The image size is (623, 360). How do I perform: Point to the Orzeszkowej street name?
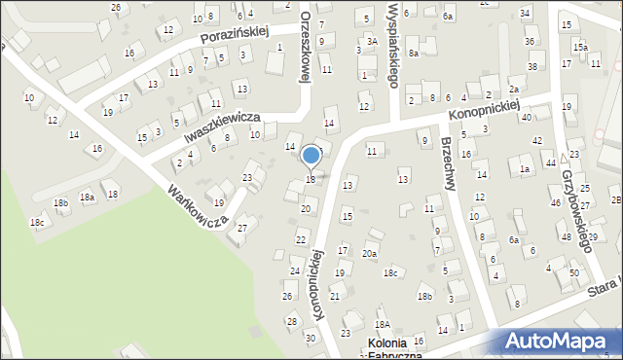click(305, 49)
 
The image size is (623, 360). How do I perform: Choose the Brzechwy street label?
click(448, 161)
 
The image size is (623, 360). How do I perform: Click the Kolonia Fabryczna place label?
click(393, 349)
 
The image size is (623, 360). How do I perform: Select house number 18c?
click(37, 223)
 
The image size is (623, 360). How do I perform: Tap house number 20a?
click(370, 253)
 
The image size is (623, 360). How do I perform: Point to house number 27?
click(242, 228)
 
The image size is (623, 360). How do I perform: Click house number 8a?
click(414, 53)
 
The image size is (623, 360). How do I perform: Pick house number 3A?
click(372, 41)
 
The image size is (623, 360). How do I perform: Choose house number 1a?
click(524, 170)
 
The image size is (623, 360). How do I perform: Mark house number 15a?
click(580, 47)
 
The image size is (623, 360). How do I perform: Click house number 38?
click(532, 66)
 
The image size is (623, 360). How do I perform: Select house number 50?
click(573, 273)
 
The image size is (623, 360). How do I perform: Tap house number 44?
click(550, 162)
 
